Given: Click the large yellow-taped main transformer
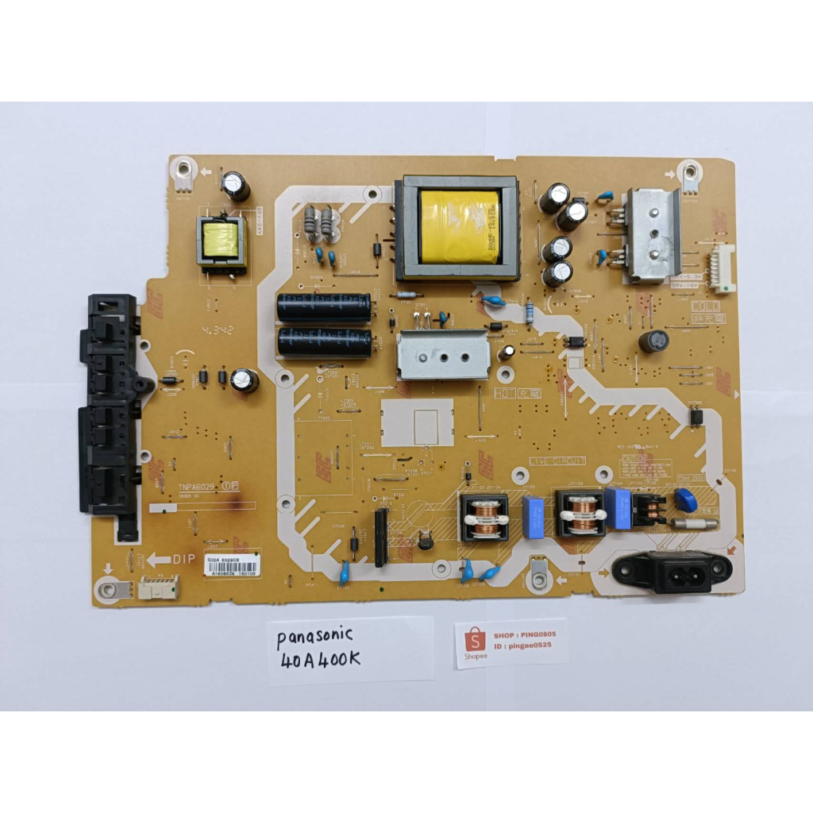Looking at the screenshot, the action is click(x=458, y=227).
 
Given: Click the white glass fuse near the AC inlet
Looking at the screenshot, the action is click(x=695, y=523).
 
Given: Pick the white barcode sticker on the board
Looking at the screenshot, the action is click(x=231, y=564).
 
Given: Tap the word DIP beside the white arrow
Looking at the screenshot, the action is click(x=183, y=558).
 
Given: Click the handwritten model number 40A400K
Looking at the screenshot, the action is click(x=322, y=661).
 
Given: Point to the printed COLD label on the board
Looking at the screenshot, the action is click(x=706, y=306).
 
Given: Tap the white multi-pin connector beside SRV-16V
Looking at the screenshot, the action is click(x=722, y=268).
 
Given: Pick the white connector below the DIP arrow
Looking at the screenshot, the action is click(x=159, y=588).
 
